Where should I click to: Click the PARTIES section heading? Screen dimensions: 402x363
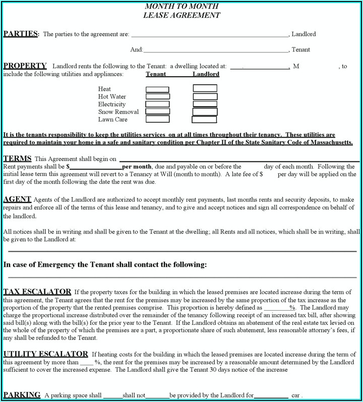20,34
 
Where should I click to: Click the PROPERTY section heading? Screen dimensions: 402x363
25,66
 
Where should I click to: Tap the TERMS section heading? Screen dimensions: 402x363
17,158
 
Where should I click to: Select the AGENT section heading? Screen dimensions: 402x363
17,199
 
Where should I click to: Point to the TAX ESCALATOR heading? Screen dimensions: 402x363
37,292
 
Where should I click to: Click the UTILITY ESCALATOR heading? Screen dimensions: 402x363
45,354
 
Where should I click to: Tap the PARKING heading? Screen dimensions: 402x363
22,394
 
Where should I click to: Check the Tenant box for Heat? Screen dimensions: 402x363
157,89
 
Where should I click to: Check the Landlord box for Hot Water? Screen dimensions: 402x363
205,96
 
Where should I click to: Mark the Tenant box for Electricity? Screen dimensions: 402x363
157,104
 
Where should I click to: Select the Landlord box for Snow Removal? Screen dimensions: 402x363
205,111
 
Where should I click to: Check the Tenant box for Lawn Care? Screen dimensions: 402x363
157,120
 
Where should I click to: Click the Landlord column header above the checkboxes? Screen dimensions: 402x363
206,74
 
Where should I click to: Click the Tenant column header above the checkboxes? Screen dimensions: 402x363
156,74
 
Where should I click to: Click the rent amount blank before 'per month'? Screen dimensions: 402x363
95,166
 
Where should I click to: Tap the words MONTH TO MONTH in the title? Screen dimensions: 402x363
182,7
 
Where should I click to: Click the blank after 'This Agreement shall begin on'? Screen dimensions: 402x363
239,159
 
